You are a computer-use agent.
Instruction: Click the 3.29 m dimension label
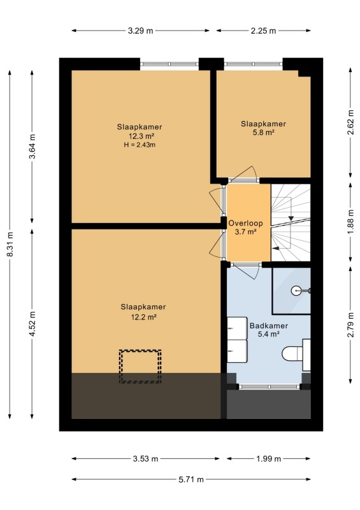pyautogui.click(x=140, y=31)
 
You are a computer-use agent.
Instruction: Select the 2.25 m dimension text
pyautogui.click(x=263, y=31)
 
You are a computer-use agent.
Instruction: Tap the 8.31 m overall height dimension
pyautogui.click(x=10, y=244)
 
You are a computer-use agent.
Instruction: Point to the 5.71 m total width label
pyautogui.click(x=191, y=479)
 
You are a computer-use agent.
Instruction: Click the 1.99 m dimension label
pyautogui.click(x=268, y=458)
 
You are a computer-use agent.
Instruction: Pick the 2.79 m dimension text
pyautogui.click(x=350, y=324)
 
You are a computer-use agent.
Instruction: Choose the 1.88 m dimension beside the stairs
pyautogui.click(x=350, y=222)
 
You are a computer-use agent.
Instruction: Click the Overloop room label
pyautogui.click(x=245, y=224)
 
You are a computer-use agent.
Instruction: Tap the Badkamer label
pyautogui.click(x=269, y=326)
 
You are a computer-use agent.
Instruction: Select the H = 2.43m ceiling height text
pyautogui.click(x=140, y=145)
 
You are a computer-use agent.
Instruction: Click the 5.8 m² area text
pyautogui.click(x=263, y=133)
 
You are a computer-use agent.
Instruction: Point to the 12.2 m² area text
pyautogui.click(x=143, y=317)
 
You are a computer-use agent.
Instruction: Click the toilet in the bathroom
pyautogui.click(x=296, y=354)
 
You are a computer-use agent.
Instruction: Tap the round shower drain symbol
pyautogui.click(x=296, y=291)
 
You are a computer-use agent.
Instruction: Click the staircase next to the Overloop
pyautogui.click(x=291, y=222)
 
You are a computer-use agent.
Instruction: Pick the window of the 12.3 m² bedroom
pyautogui.click(x=169, y=64)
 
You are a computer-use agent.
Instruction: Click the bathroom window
pyautogui.click(x=269, y=387)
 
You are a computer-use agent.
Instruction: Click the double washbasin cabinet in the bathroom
pyautogui.click(x=237, y=340)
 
